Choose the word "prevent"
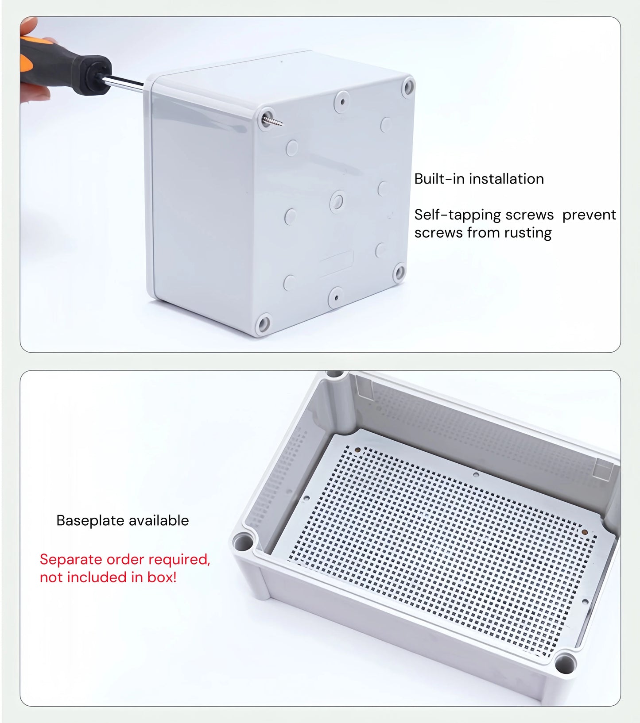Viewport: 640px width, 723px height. coord(589,215)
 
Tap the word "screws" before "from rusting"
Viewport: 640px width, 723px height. coord(438,233)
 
